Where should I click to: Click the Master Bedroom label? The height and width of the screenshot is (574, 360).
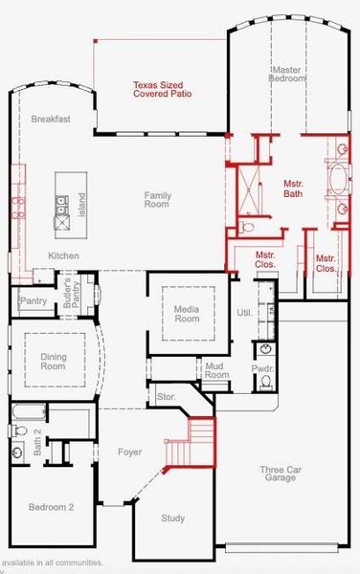[289, 75]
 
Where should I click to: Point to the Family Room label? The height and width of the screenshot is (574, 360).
[157, 200]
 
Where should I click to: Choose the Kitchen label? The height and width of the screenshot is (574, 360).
[63, 255]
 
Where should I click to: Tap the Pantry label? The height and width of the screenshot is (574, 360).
[33, 301]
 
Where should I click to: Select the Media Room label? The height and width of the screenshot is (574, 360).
[187, 313]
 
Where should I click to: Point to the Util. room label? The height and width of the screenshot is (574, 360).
[243, 313]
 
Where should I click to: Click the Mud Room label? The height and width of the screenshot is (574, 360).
[217, 371]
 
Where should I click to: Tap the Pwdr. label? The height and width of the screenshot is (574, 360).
[263, 367]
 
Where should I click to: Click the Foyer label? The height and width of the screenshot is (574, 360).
[129, 451]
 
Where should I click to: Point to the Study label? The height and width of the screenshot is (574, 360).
[172, 518]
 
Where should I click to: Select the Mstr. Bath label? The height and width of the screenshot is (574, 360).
[293, 188]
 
